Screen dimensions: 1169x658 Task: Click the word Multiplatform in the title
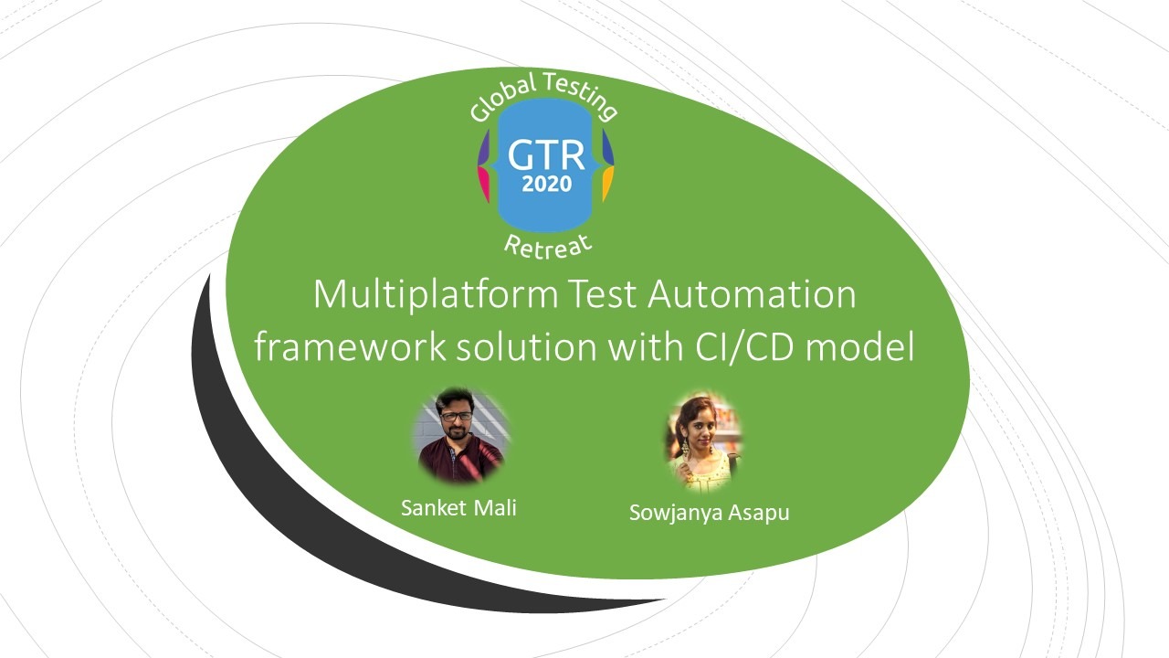436,296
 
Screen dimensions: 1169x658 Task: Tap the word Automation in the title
752,294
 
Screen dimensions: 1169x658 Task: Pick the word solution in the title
527,346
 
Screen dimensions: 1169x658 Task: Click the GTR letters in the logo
546,155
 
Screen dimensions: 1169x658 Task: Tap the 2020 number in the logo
546,184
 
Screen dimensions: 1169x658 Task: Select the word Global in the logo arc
502,99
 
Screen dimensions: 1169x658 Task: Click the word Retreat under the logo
549,247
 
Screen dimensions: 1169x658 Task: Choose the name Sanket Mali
458,507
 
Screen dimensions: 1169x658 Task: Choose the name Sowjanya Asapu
710,513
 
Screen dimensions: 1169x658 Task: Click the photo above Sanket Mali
462,435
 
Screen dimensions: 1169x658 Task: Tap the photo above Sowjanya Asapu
704,441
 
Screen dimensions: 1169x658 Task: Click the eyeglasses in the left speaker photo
456,417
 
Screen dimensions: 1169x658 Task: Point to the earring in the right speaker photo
683,447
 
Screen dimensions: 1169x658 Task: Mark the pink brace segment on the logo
483,184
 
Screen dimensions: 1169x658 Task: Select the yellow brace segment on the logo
607,184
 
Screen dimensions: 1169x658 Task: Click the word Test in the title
602,294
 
